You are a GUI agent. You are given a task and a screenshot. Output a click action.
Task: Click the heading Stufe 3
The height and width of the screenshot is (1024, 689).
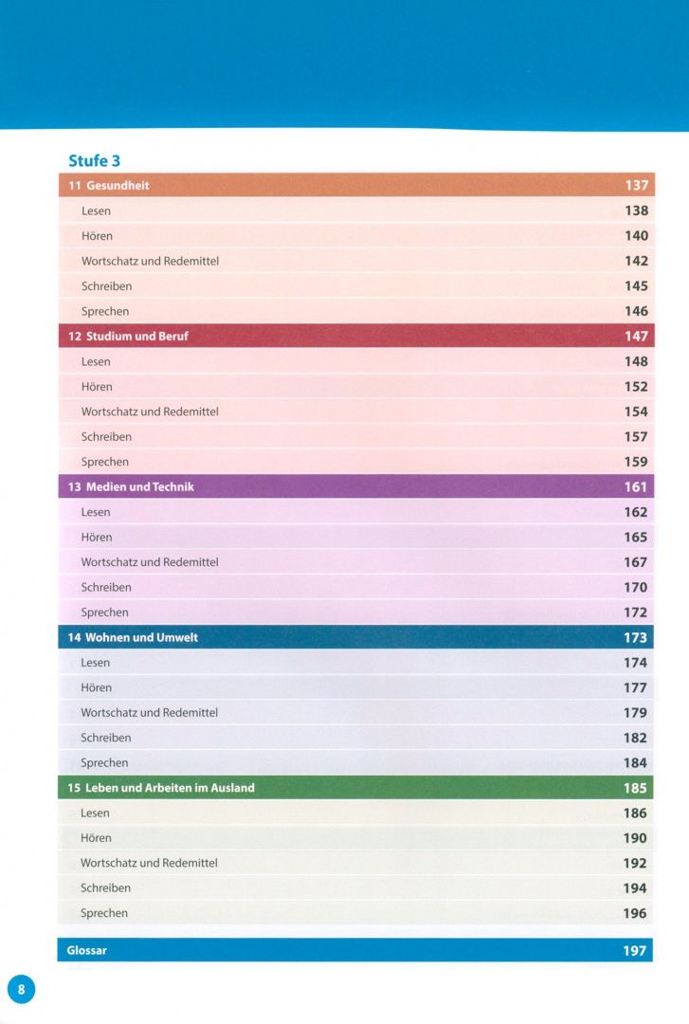[94, 160]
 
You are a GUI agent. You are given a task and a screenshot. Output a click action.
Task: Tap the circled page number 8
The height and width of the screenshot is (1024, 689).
[21, 989]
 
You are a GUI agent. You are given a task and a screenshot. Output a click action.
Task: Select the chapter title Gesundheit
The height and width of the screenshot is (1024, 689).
[118, 186]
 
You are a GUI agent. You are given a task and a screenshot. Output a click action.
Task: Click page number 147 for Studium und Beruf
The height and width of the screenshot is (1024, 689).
[636, 337]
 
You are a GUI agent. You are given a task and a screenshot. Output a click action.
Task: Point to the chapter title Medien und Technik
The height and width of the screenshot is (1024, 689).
[139, 486]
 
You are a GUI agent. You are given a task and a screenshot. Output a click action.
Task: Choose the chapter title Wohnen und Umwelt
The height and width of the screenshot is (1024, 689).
[142, 637]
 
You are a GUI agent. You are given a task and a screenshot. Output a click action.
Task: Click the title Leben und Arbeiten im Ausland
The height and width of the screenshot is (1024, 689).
[170, 788]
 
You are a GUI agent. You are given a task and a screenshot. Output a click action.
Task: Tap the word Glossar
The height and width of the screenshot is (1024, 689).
[86, 950]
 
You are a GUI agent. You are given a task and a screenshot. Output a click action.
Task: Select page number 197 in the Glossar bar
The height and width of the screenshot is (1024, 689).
[634, 951]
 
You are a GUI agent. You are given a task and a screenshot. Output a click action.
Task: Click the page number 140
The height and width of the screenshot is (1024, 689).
[636, 236]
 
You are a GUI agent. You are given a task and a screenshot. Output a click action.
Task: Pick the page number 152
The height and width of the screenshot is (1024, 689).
[636, 387]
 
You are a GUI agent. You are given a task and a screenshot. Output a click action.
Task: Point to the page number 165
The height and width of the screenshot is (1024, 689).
[635, 538]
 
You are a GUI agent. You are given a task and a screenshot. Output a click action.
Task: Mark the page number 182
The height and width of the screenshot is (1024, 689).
[635, 738]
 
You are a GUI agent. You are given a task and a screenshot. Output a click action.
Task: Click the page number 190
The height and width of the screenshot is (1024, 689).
[635, 838]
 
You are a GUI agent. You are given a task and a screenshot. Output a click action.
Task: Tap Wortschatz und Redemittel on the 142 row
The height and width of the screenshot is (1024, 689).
[150, 262]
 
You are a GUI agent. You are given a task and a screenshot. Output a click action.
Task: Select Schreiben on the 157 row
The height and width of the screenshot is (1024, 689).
[106, 437]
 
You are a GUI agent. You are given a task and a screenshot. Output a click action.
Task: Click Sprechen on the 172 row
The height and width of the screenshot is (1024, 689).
[104, 613]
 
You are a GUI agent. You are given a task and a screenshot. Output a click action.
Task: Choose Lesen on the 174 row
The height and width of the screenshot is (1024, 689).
[96, 662]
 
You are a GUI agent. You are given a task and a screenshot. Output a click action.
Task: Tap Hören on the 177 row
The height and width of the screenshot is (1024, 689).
[96, 687]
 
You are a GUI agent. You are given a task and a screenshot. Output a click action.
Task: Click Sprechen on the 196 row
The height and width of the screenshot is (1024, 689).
[104, 913]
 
